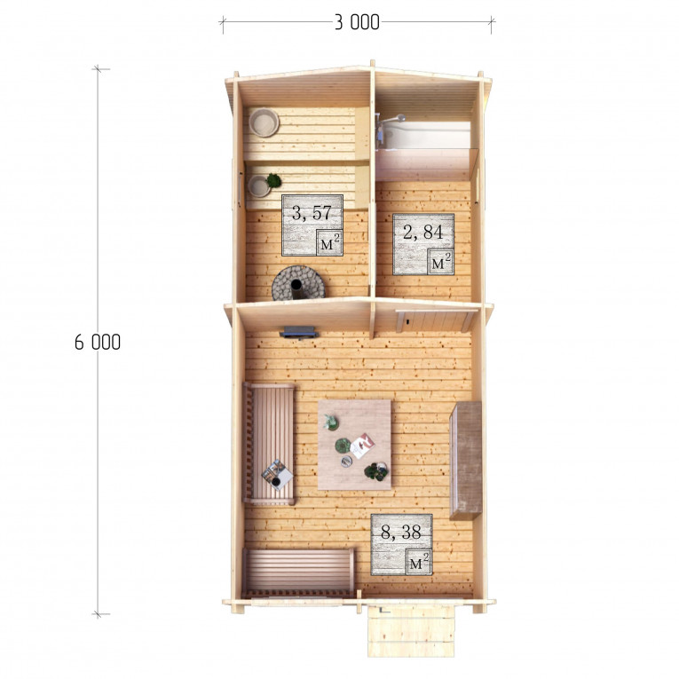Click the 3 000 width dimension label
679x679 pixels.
coord(357,22)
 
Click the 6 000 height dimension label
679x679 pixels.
coord(98,342)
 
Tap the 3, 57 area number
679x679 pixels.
coord(312,213)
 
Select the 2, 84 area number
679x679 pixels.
coord(423,233)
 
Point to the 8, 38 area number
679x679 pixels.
coord(400,533)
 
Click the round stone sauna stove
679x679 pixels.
coord(298,283)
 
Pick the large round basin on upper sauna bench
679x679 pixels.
coord(264,122)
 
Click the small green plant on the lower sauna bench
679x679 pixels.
coord(273,180)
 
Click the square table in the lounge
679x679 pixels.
coord(355,445)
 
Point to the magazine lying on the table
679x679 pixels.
coord(362,446)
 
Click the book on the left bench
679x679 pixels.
coord(277,475)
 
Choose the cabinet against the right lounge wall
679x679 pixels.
coord(466,461)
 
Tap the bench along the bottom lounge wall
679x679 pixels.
coord(298,572)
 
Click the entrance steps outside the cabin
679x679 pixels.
coord(411,631)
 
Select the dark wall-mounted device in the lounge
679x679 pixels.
coord(299,333)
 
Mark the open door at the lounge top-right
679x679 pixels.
coord(434,321)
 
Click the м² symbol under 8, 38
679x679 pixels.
coord(419,561)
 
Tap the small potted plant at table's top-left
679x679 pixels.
coord(331,422)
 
